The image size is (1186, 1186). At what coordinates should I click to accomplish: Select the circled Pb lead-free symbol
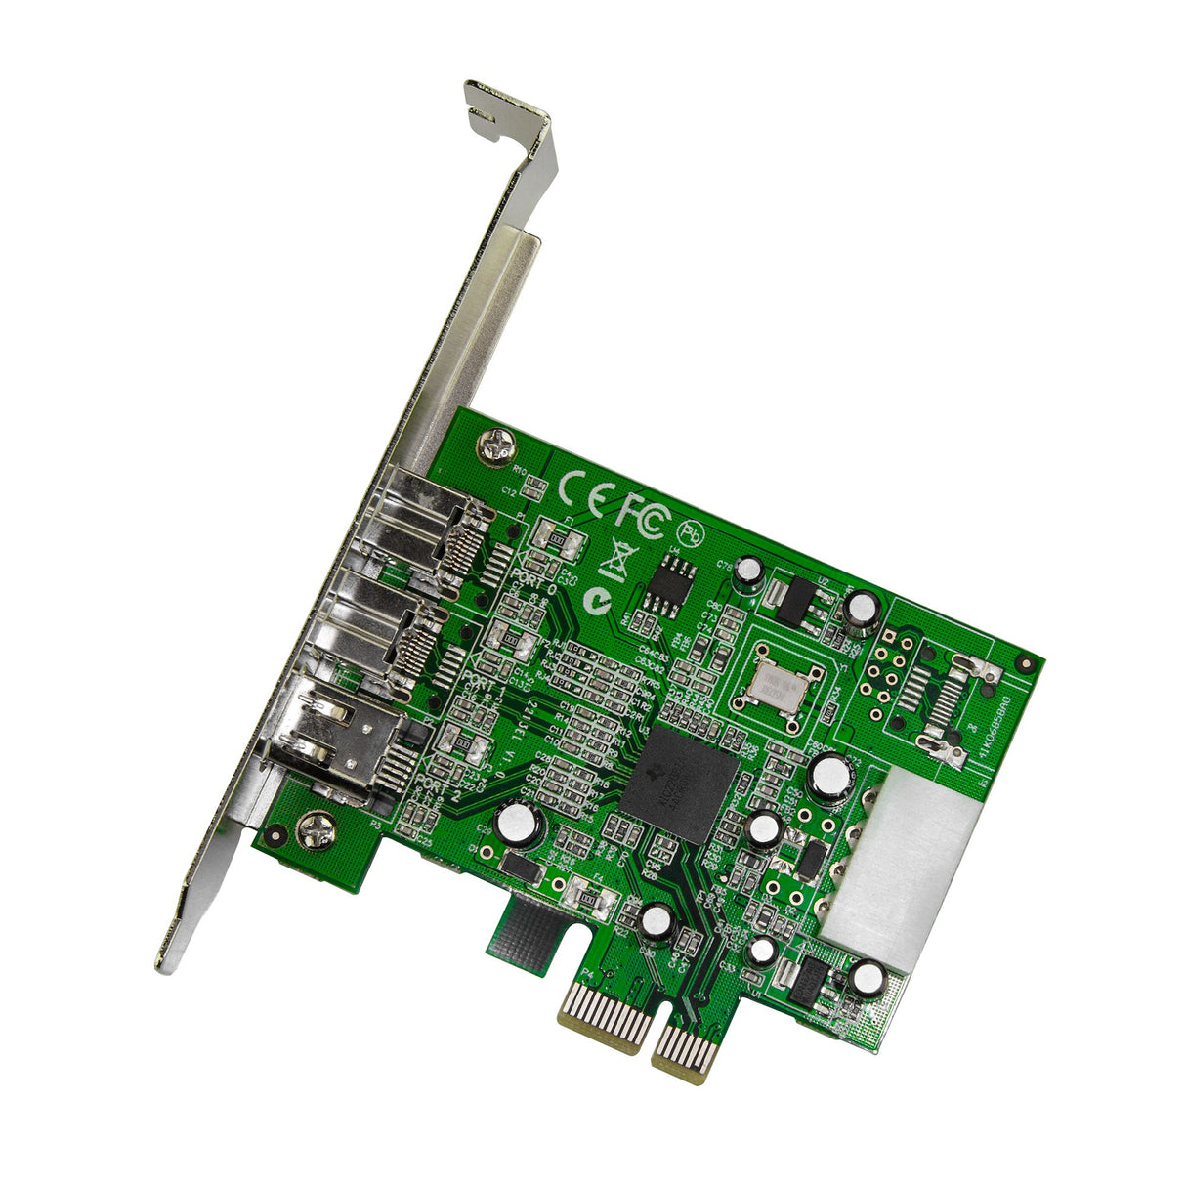coord(690,533)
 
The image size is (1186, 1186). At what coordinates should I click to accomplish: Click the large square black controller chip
coord(678,783)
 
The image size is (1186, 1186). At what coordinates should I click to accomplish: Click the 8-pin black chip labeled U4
coord(673,584)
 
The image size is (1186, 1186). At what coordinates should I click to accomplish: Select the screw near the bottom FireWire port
coord(318,831)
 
